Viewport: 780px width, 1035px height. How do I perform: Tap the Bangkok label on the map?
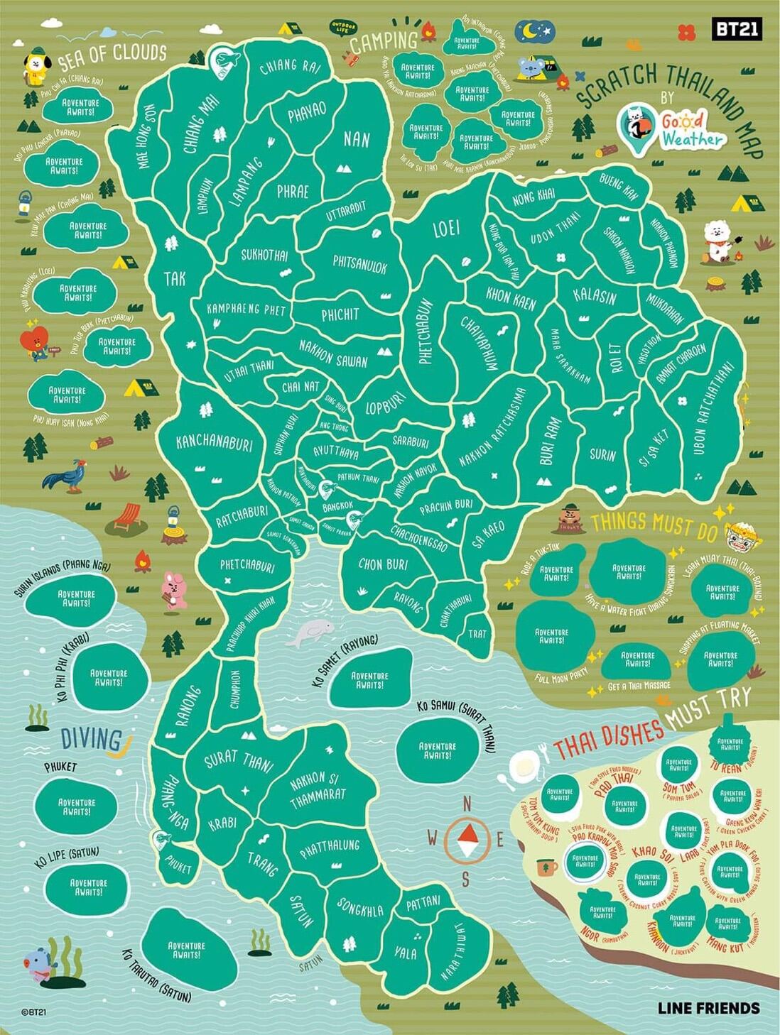tap(337, 508)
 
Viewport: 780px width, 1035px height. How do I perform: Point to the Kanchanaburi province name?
tap(214, 442)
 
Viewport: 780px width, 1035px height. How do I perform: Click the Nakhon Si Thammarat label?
tap(317, 790)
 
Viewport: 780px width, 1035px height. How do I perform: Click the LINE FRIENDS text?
tap(708, 1008)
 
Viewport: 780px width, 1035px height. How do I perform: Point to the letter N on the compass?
tap(467, 804)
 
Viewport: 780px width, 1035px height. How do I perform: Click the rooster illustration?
tap(65, 473)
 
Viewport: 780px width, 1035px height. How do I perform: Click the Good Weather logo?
tap(671, 128)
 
